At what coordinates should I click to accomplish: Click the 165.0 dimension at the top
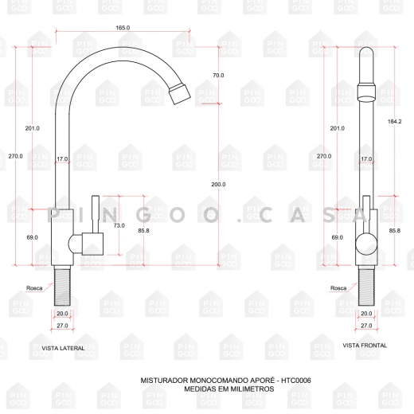tap(123, 28)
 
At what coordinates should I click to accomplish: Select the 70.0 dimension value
tap(218, 76)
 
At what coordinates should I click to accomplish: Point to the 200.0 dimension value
tap(218, 184)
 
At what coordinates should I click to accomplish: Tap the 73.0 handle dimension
tap(119, 225)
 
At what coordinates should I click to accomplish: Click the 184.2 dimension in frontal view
tap(394, 121)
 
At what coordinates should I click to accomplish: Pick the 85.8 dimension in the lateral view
tap(143, 231)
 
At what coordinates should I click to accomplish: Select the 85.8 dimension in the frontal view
tap(395, 231)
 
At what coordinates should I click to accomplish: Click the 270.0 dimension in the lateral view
tap(15, 156)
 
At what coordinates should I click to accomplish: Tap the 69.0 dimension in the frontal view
tap(337, 237)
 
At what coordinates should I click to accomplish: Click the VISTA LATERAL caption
tap(63, 348)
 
